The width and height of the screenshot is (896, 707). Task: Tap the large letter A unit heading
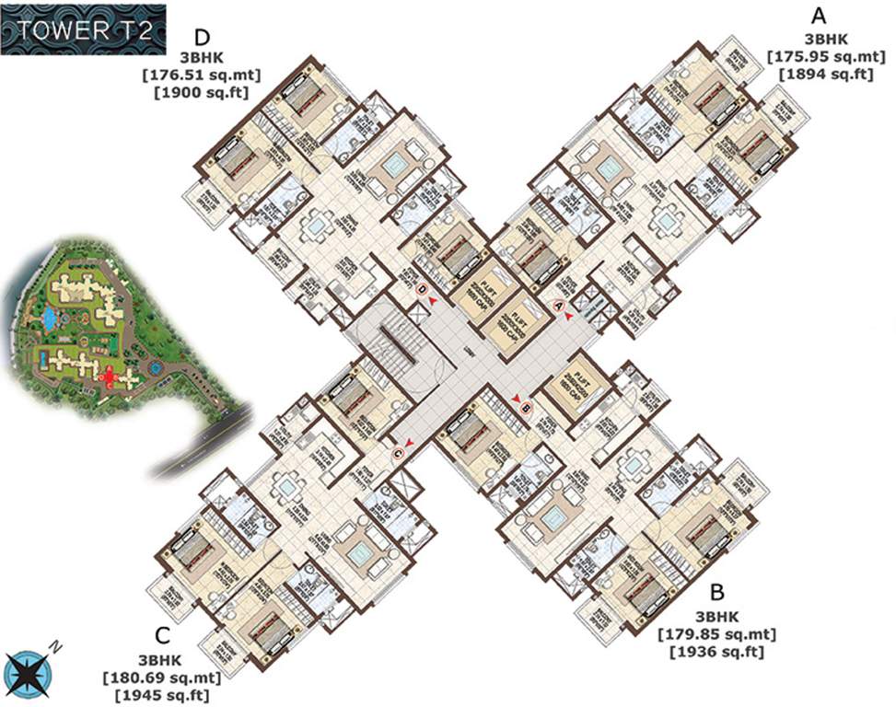coord(817,16)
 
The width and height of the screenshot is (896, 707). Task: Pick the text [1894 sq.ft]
coord(825,74)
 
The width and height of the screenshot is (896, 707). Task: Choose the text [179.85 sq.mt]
coord(716,634)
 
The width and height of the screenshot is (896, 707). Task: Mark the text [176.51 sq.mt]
coord(207,75)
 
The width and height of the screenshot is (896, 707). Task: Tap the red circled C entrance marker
coord(399,451)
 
